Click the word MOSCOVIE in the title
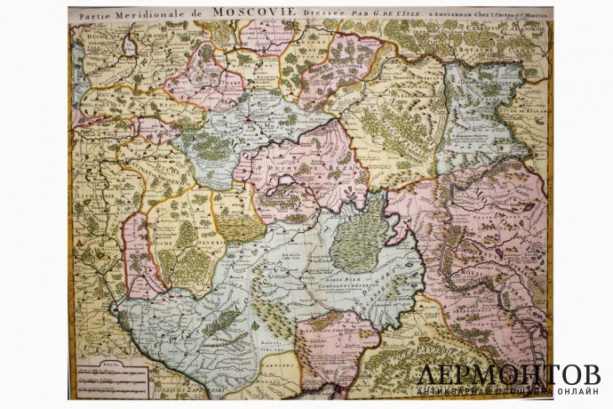253,13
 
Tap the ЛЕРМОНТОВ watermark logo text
507,374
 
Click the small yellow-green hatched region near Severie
240,228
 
